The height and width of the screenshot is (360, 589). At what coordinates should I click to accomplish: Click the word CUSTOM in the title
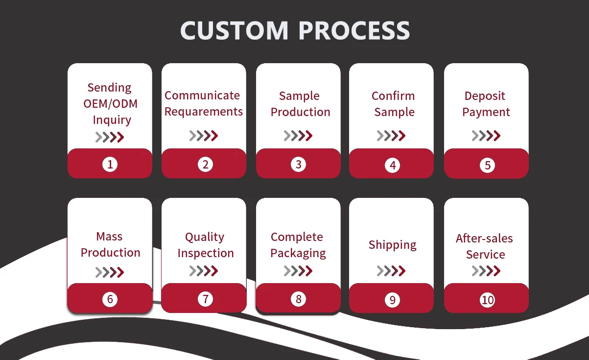tap(235, 31)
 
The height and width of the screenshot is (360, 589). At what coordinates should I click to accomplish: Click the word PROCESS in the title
tap(354, 31)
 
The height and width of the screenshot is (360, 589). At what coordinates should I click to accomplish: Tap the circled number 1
tap(110, 164)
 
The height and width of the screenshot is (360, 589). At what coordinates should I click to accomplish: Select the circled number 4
tap(393, 165)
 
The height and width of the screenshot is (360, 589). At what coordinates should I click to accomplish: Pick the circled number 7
tap(205, 299)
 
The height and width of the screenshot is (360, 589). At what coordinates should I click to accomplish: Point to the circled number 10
tap(488, 300)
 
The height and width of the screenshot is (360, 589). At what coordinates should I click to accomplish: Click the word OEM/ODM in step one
tap(110, 104)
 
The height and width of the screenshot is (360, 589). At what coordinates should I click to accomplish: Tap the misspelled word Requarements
tap(204, 112)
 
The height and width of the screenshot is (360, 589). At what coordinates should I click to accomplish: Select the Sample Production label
tap(300, 104)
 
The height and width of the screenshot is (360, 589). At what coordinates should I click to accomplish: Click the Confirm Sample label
tap(393, 104)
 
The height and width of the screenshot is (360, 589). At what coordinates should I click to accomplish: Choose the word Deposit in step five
tap(485, 96)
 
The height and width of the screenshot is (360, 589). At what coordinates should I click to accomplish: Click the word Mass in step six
tap(109, 237)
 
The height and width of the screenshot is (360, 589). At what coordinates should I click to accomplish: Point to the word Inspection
tap(206, 253)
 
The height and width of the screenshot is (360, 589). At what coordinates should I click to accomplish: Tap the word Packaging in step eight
tap(298, 253)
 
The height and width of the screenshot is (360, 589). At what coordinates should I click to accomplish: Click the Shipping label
tap(393, 245)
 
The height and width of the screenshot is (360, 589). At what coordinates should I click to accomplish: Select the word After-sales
tap(484, 239)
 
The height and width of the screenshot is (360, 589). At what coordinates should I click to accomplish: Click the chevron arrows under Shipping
tap(391, 270)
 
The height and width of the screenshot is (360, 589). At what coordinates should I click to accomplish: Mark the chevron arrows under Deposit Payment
tap(486, 136)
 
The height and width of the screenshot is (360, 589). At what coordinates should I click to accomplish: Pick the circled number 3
tap(299, 164)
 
